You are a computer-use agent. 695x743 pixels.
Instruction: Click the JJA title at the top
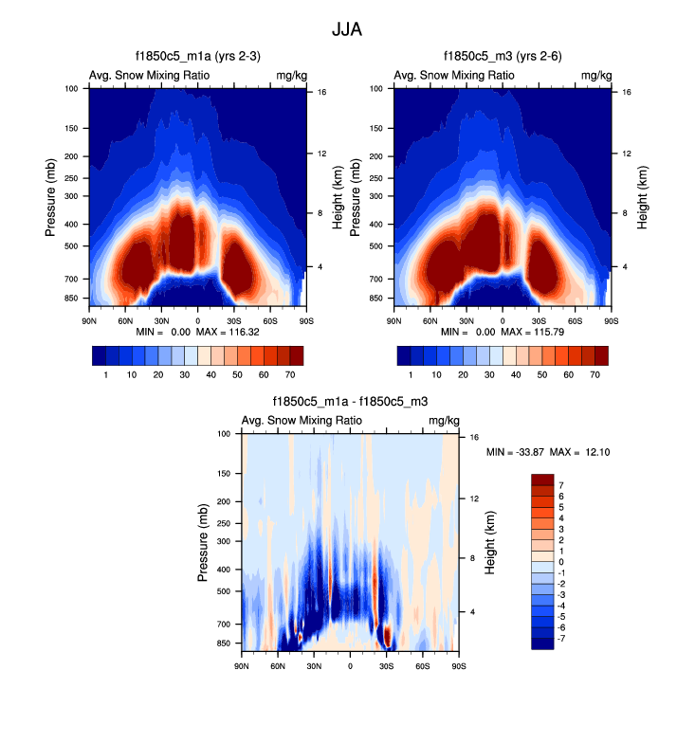point(347,30)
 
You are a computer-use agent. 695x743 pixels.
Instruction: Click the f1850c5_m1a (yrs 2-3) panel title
point(197,58)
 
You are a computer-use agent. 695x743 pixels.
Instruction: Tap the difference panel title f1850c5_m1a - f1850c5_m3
point(351,403)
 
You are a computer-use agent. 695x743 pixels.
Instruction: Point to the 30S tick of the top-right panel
point(539,320)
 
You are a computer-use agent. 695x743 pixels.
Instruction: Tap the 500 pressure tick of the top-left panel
point(71,246)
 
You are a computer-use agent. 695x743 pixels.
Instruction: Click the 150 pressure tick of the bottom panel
point(224,473)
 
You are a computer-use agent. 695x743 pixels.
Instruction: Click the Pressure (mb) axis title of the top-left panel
point(51,197)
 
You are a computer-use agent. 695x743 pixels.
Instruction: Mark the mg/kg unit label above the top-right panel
point(595,75)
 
